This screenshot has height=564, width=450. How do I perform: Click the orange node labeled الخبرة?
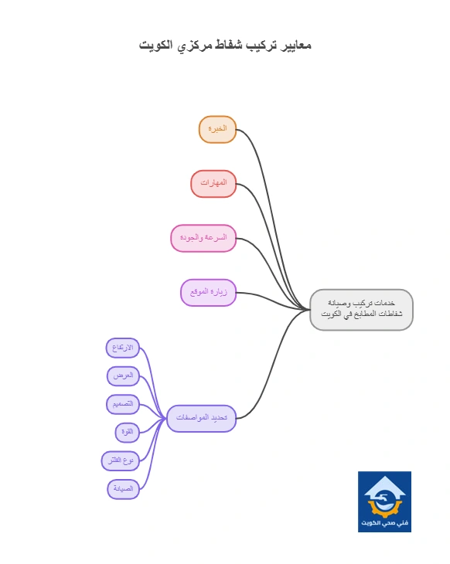coord(217,129)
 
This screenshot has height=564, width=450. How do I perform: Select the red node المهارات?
coord(213,184)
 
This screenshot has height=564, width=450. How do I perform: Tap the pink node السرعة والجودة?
coord(203,238)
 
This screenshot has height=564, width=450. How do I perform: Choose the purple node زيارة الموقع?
coord(209,293)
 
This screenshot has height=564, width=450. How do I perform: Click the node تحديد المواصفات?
coord(202,418)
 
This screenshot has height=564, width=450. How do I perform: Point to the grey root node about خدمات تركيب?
coord(361,309)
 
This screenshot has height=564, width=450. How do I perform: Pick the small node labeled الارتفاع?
coord(123,348)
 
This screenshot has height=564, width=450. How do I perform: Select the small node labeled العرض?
coord(123,376)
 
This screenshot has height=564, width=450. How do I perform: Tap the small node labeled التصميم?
coord(123,404)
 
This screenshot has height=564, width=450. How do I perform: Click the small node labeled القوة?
coord(128,432)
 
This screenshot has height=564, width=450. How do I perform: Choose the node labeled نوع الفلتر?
coord(121,460)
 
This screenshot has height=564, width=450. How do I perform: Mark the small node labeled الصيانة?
coord(124,489)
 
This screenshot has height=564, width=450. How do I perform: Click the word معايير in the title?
coord(296,46)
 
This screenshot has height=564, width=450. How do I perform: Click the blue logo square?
coord(384,501)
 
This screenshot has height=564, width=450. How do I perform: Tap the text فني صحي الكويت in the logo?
coord(384,522)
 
